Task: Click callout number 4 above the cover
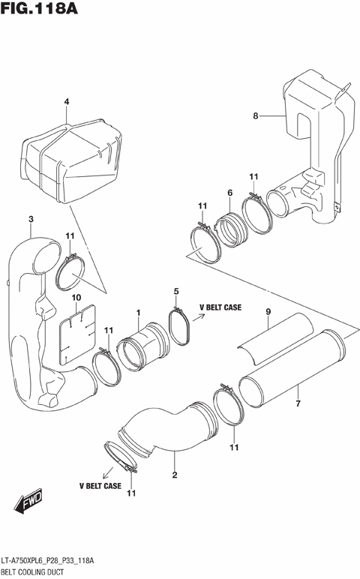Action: tap(66, 102)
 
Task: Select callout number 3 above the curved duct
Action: tap(31, 219)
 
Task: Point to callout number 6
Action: tap(229, 193)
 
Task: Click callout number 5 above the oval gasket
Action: tap(176, 291)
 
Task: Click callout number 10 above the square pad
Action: tap(76, 298)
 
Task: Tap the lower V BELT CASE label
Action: tap(100, 486)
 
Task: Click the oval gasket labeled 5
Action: tap(180, 328)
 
